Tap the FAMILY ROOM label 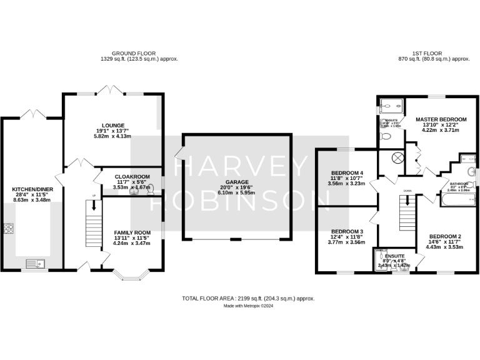pos(132,232)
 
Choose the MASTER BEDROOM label pos(442,119)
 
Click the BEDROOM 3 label pos(346,231)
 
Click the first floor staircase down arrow pos(407,202)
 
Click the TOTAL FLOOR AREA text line pos(248,299)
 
